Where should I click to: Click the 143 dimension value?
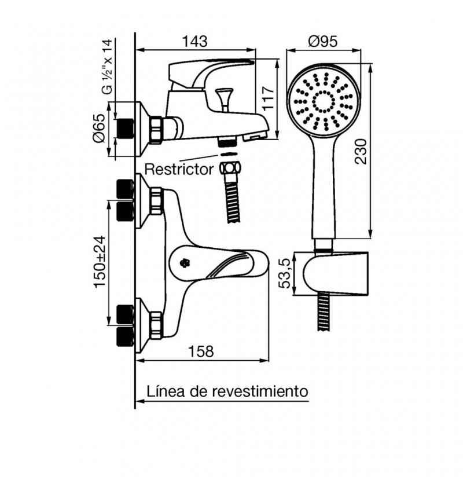point(194,41)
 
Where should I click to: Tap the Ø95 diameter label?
point(323,41)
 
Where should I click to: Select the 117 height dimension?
point(268,98)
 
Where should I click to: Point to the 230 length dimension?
point(361,151)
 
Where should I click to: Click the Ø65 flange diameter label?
point(99,129)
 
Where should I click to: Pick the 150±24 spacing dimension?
point(100,262)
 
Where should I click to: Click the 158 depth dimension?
point(201,351)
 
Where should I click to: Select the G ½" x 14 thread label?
point(107,67)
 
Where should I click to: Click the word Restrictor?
point(179,169)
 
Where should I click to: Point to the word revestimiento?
point(259,391)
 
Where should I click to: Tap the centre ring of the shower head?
point(324,102)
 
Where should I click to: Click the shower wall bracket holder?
point(335,273)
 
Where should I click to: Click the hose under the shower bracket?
point(324,312)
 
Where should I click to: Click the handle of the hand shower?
point(324,186)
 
